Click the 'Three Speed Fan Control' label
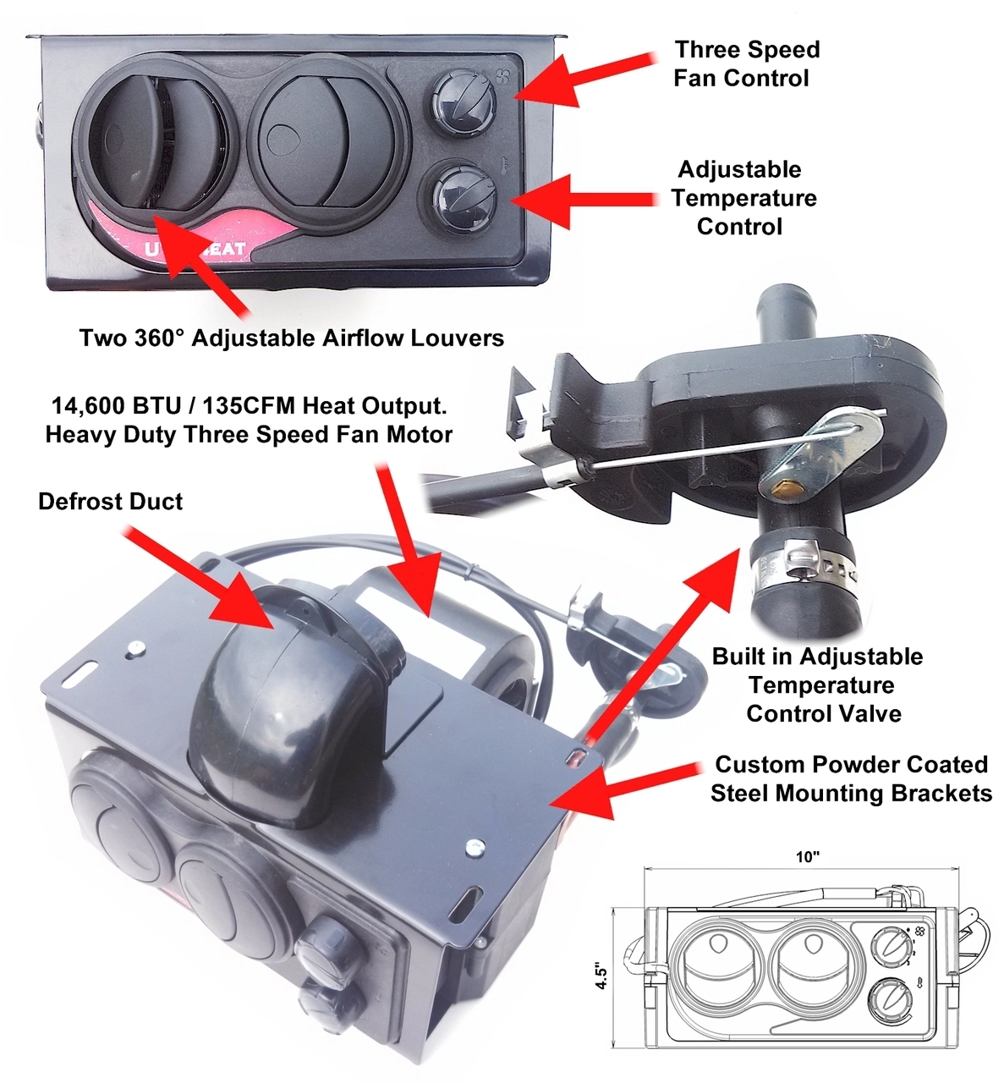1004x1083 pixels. pyautogui.click(x=746, y=63)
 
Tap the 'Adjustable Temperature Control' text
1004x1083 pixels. pyautogui.click(x=743, y=198)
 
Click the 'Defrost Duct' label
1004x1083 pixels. pyautogui.click(x=110, y=502)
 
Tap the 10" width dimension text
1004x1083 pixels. pyautogui.click(x=807, y=857)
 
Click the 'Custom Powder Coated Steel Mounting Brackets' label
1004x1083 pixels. pyautogui.click(x=850, y=778)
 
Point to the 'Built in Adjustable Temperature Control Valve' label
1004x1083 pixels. pyautogui.click(x=816, y=685)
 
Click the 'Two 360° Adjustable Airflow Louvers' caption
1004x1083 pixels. pyautogui.click(x=291, y=338)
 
